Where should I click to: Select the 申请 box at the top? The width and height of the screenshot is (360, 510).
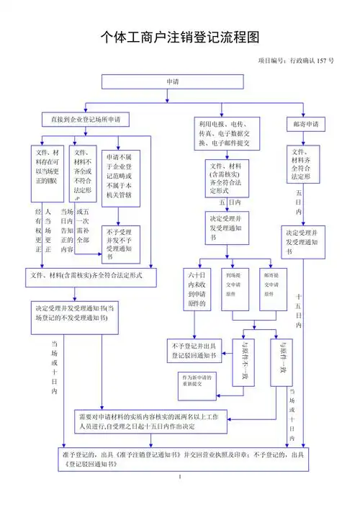click(x=173, y=81)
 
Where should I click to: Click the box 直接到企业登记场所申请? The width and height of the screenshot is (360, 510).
click(x=86, y=118)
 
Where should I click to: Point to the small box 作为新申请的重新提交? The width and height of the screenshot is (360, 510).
click(x=197, y=382)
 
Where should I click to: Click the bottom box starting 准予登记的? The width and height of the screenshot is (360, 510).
click(x=180, y=459)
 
